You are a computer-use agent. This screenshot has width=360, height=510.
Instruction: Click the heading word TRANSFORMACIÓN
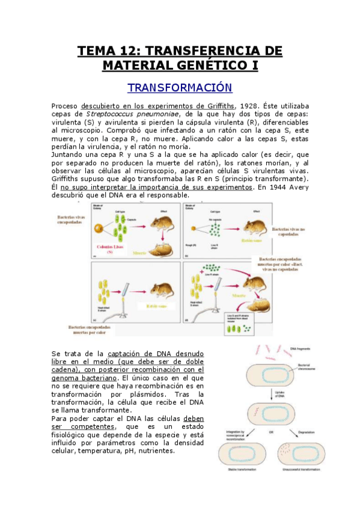point(180,87)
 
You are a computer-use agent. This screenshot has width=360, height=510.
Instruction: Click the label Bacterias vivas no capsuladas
point(289,232)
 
